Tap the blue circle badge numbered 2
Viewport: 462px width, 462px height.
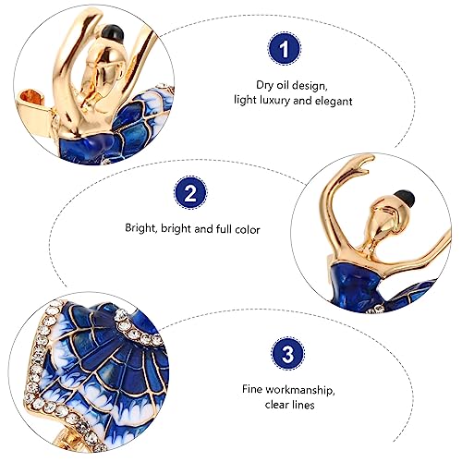(189, 196)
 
